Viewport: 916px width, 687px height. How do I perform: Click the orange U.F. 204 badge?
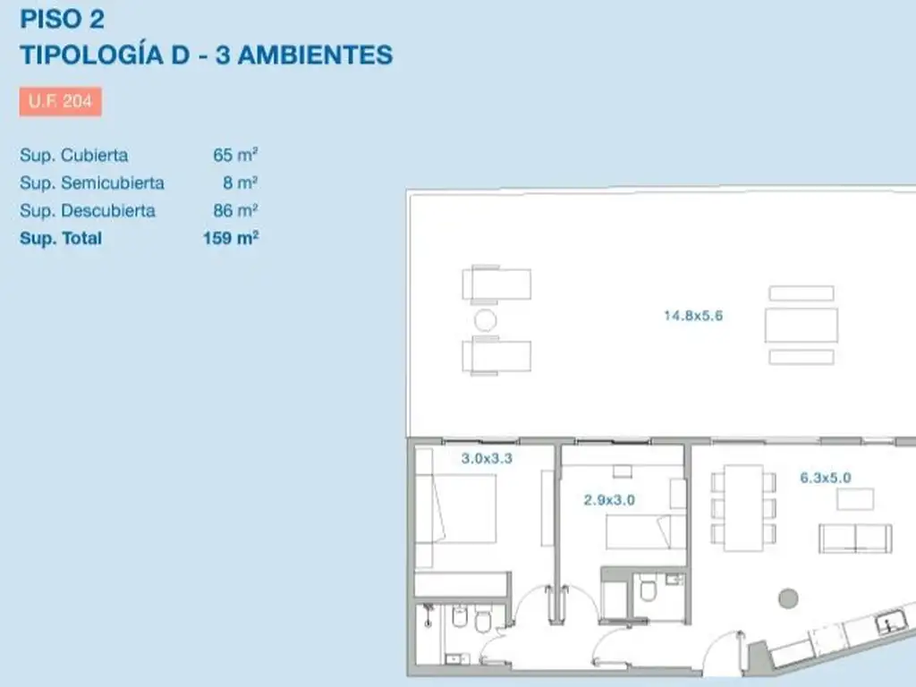pos(60,102)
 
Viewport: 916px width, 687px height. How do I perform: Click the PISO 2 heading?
pos(62,19)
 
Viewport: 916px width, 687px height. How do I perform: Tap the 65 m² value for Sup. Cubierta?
pos(235,155)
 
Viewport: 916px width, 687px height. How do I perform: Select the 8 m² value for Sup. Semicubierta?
pos(240,182)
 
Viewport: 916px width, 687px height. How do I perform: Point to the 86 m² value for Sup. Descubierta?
pos(235,210)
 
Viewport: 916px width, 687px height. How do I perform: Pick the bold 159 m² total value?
pos(231,238)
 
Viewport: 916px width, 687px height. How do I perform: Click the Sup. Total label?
pos(61,238)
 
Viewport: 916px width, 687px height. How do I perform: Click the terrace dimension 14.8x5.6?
pos(693,316)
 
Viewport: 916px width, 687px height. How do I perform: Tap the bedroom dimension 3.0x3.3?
pos(487,459)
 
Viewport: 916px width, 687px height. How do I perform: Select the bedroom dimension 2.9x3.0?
pos(609,500)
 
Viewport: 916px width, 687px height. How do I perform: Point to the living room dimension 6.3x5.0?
pos(826,478)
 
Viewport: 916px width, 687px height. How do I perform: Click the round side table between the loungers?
pos(486,320)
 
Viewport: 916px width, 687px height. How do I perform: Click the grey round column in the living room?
pos(789,598)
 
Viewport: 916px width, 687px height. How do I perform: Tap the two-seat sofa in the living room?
pos(855,538)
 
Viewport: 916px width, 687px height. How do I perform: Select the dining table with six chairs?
pos(743,508)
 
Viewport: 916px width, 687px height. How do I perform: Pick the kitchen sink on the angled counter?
pos(891,622)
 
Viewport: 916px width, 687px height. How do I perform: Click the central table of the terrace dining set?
pos(801,325)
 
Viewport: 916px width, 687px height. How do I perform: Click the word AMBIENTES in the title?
pos(316,55)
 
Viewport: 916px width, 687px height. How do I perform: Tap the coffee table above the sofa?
pos(855,499)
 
